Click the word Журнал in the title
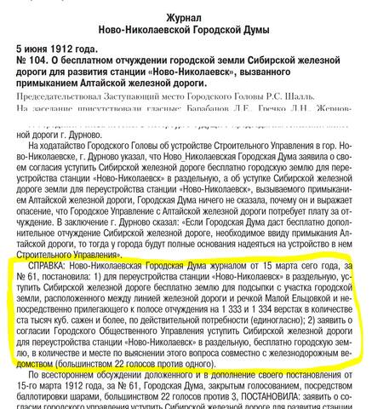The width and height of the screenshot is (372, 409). [186, 9]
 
